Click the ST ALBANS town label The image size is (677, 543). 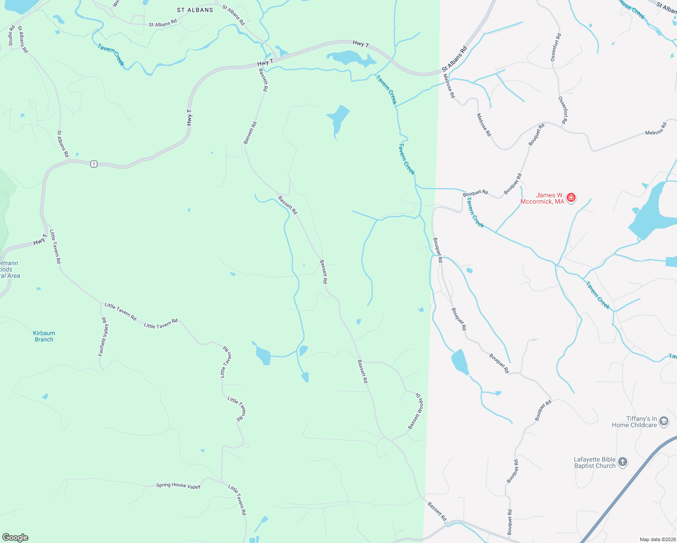click(195, 10)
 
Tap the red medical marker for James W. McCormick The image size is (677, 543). click(571, 197)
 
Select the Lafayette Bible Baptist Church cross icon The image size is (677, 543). click(623, 462)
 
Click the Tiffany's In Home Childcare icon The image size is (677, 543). click(663, 421)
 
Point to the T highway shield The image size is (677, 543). click(94, 164)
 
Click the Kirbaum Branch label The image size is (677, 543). click(44, 336)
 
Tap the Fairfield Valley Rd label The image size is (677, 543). click(104, 337)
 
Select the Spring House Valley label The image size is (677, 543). click(178, 486)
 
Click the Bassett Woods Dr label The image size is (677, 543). click(415, 411)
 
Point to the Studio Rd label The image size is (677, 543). click(12, 35)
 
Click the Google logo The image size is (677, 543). click(15, 538)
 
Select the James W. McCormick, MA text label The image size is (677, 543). click(542, 198)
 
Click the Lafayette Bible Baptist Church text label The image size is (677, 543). click(595, 462)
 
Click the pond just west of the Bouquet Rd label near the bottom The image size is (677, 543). click(460, 362)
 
